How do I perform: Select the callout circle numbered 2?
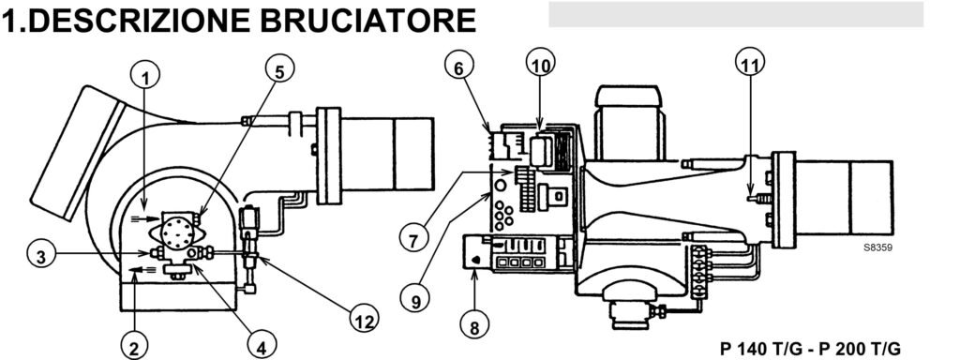point(133,348)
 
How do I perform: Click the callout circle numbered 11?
point(747,65)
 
